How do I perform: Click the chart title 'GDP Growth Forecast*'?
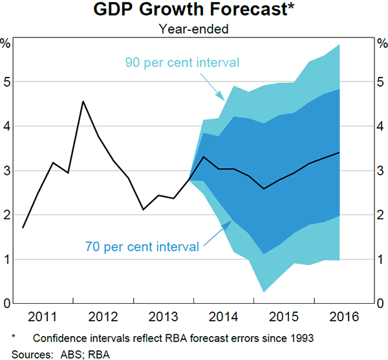pos(194,11)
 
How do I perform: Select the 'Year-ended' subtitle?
pos(194,28)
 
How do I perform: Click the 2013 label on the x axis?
pos(164,318)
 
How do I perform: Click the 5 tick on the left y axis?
pos(6,82)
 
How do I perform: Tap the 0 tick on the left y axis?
pos(6,303)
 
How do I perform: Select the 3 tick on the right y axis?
pos(382,171)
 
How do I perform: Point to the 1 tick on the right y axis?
pos(382,259)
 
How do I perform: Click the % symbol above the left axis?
pos(6,44)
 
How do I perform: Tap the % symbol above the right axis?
pos(382,44)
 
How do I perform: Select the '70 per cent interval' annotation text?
pos(142,246)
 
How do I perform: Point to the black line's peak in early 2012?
pos(83,101)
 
